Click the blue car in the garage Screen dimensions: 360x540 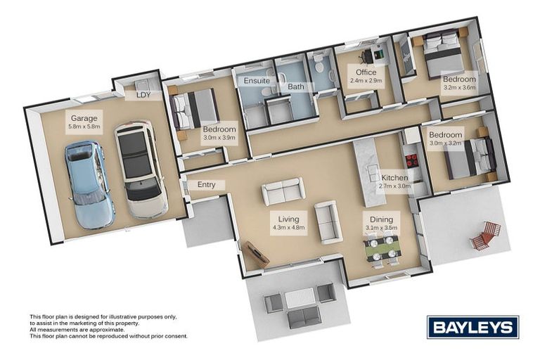89,184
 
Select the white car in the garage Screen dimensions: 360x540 141,169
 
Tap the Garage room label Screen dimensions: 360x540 84,118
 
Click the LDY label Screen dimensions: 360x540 143,95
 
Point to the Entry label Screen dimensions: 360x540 207,185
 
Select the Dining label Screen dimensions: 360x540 382,218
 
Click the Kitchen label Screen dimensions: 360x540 394,178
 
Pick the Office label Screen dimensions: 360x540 366,72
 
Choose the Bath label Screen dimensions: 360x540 295,86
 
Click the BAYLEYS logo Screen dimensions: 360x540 472,327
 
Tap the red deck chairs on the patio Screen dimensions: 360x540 486,236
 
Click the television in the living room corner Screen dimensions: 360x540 254,253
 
